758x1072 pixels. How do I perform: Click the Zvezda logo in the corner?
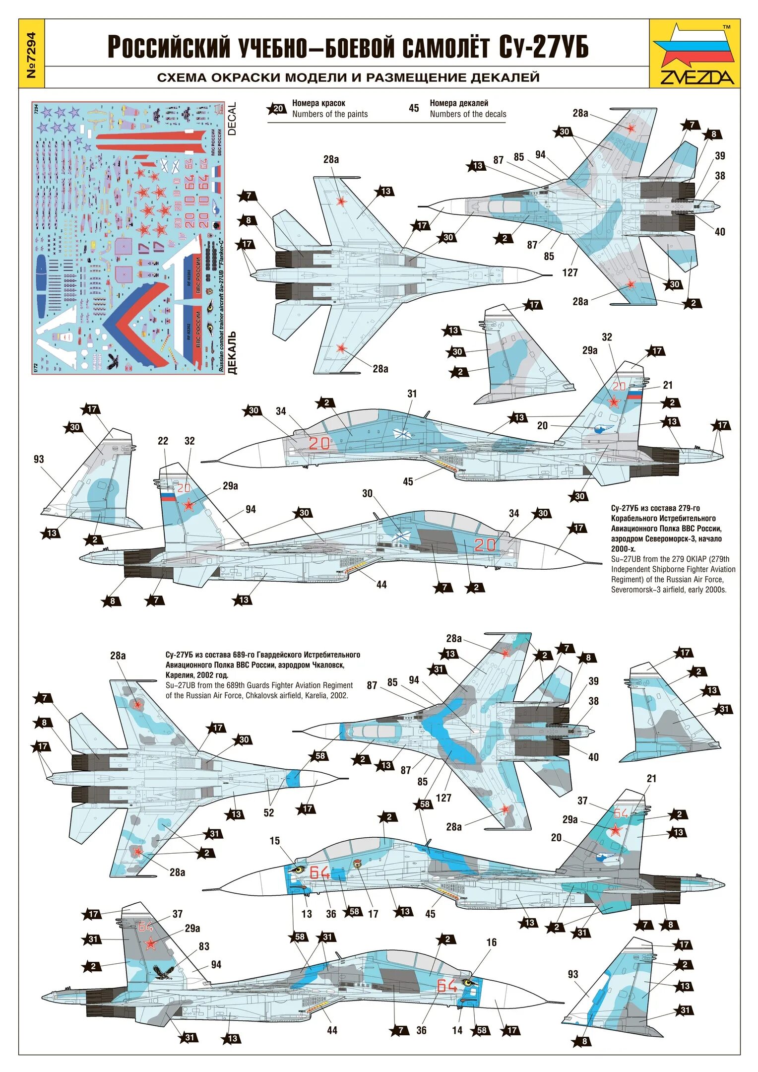pos(694,54)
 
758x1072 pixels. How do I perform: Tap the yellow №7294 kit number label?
pos(31,54)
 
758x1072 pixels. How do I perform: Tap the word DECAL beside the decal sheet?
pos(232,119)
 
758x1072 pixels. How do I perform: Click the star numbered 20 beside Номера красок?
pos(277,109)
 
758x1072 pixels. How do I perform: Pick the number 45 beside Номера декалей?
pos(414,108)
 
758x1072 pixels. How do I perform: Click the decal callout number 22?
pos(163,441)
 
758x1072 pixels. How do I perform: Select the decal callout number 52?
pos(268,813)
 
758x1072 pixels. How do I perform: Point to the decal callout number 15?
pos(275,841)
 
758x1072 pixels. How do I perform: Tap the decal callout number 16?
pos(491,942)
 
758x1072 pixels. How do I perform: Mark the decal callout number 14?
pos(457,1031)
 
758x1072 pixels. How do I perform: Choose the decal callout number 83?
pos(204,946)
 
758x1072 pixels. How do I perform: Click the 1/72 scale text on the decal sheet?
pos(35,368)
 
